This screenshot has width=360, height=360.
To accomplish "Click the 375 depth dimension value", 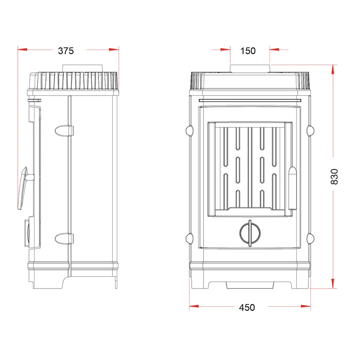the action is (x=66, y=51).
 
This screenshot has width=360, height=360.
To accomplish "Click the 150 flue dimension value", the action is (x=248, y=51).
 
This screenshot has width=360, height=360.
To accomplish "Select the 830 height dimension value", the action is (x=334, y=176).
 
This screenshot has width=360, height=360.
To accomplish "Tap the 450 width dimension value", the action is (x=247, y=307).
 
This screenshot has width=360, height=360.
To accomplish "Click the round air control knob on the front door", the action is (x=250, y=233).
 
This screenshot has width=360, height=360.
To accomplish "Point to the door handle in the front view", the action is (x=292, y=188).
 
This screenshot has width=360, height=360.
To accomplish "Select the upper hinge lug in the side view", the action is (x=64, y=131).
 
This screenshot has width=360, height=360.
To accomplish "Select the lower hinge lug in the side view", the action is (x=64, y=239).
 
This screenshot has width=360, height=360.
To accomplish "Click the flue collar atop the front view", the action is (x=250, y=69).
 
